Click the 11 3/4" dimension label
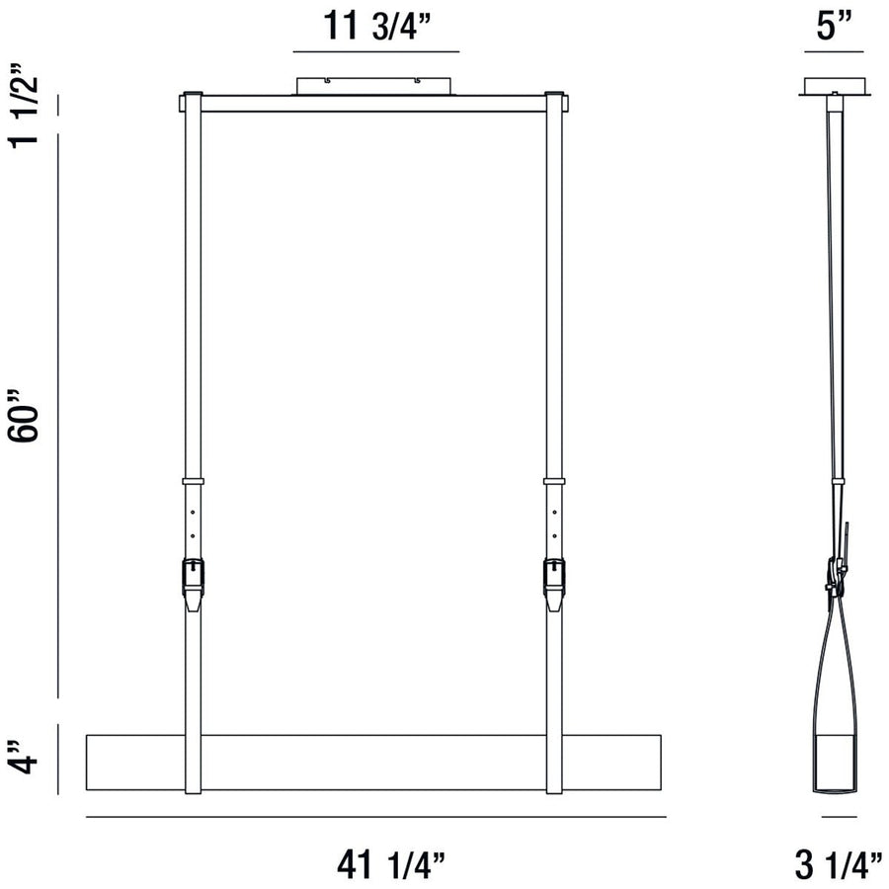[375, 25]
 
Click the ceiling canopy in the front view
[375, 87]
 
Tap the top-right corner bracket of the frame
[555, 101]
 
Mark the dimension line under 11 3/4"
[375, 50]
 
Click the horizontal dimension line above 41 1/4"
[375, 817]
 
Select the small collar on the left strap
[193, 482]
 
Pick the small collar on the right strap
[555, 482]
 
